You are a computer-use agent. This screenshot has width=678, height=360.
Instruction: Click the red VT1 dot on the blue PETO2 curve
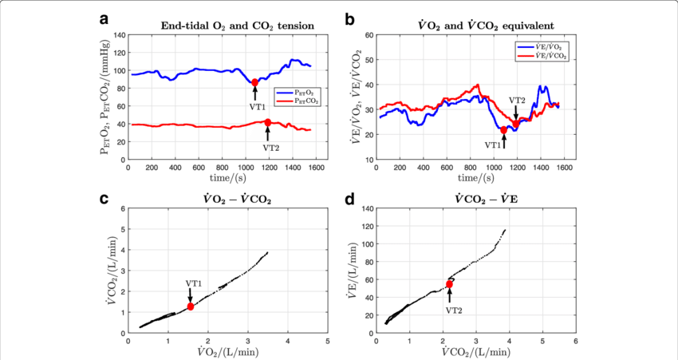(x=255, y=82)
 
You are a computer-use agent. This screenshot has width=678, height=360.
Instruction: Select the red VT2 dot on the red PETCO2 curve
(x=268, y=122)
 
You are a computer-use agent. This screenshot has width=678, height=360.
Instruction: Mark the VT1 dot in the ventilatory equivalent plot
(x=503, y=129)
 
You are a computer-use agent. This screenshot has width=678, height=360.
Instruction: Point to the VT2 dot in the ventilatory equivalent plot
(x=516, y=123)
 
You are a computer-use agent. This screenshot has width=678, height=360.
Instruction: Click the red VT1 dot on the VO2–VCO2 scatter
(x=191, y=307)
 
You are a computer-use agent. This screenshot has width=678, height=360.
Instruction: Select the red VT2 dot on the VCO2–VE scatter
(x=449, y=284)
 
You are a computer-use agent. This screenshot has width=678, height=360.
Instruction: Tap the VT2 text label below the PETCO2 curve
(x=271, y=147)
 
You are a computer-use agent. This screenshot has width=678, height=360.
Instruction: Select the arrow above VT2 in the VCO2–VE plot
(x=449, y=296)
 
